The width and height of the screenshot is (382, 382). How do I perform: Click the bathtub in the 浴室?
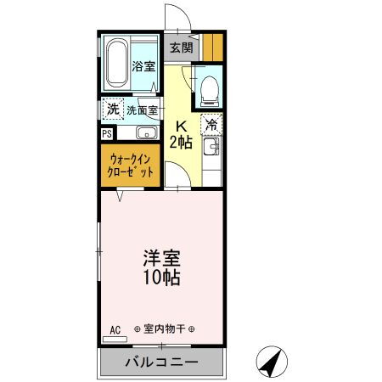(x=117, y=63)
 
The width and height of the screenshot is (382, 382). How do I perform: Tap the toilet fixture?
(x=210, y=91)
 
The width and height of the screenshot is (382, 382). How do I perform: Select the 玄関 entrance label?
(x=182, y=48)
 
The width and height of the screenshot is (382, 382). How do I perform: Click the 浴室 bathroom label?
(x=143, y=66)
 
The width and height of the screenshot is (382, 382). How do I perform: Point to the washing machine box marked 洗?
(x=113, y=109)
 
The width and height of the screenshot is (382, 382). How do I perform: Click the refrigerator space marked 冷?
(x=211, y=125)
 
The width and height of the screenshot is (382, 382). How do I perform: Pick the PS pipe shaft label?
(x=107, y=134)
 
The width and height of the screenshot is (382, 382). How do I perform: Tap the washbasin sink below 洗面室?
(x=147, y=132)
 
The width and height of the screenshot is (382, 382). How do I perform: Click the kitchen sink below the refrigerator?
(x=211, y=147)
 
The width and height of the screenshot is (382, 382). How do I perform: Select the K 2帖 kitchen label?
(x=181, y=135)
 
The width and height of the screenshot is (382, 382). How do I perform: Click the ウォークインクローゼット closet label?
(x=131, y=166)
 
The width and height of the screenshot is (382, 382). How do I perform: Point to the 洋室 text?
(x=161, y=258)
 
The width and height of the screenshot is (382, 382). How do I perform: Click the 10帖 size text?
(x=161, y=277)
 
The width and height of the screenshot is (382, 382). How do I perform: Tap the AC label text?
(x=115, y=330)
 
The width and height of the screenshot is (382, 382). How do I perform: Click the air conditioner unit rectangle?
(x=115, y=340)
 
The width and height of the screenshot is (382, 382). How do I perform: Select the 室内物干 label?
(x=164, y=329)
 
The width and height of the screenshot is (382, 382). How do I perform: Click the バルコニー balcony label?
(x=162, y=362)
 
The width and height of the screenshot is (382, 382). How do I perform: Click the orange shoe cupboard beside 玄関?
(x=213, y=48)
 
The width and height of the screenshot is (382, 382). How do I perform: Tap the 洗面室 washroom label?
(x=142, y=110)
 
